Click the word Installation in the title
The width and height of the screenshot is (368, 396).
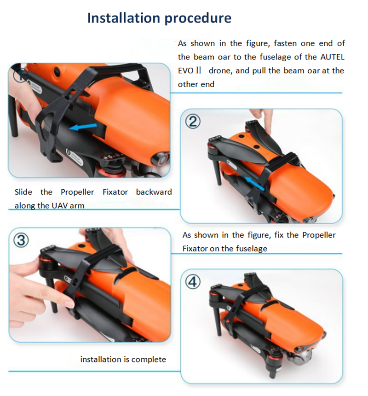click(x=124, y=18)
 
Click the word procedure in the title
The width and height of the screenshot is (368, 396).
click(x=198, y=18)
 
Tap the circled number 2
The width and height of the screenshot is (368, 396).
click(x=193, y=122)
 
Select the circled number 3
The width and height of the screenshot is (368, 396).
click(x=21, y=240)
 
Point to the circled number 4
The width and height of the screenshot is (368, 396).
click(x=193, y=282)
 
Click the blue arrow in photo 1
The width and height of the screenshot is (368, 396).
click(x=83, y=127)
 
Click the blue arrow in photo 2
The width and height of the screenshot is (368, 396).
click(x=255, y=184)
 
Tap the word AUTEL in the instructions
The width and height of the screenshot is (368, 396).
click(x=332, y=57)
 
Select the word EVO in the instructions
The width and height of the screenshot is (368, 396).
click(x=186, y=71)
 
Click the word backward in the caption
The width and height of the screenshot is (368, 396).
click(x=154, y=192)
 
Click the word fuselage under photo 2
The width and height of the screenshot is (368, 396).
click(x=252, y=249)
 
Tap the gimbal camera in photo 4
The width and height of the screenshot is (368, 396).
click(x=303, y=356)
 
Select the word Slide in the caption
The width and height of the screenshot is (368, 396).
click(x=23, y=192)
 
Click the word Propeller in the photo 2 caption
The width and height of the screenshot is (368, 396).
click(x=319, y=235)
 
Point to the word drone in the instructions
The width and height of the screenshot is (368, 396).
click(x=220, y=71)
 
